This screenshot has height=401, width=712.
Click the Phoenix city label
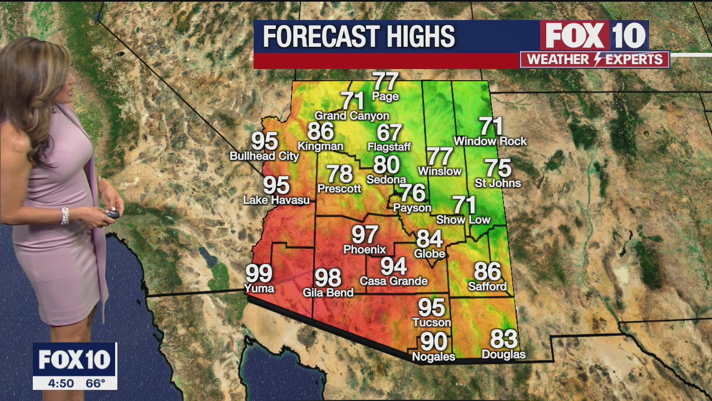(364, 250)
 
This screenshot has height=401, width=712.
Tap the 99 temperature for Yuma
(259, 273)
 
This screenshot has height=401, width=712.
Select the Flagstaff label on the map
(389, 147)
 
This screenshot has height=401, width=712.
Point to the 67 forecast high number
(389, 133)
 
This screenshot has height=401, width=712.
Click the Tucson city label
(432, 322)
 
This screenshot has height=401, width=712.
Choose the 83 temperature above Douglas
(503, 339)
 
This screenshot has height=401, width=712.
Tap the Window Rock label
(490, 141)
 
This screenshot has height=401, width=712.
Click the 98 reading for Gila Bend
(328, 277)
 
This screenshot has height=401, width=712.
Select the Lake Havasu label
(276, 200)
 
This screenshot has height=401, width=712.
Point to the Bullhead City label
(264, 157)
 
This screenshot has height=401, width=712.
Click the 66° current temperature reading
(95, 383)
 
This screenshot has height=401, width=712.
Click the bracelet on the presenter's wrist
(65, 216)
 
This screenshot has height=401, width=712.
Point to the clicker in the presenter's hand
(113, 213)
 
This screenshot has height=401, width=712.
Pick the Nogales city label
(433, 357)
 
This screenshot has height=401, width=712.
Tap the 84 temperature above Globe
(429, 239)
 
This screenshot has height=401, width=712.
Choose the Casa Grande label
(393, 281)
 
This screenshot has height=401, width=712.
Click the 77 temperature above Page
(385, 81)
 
